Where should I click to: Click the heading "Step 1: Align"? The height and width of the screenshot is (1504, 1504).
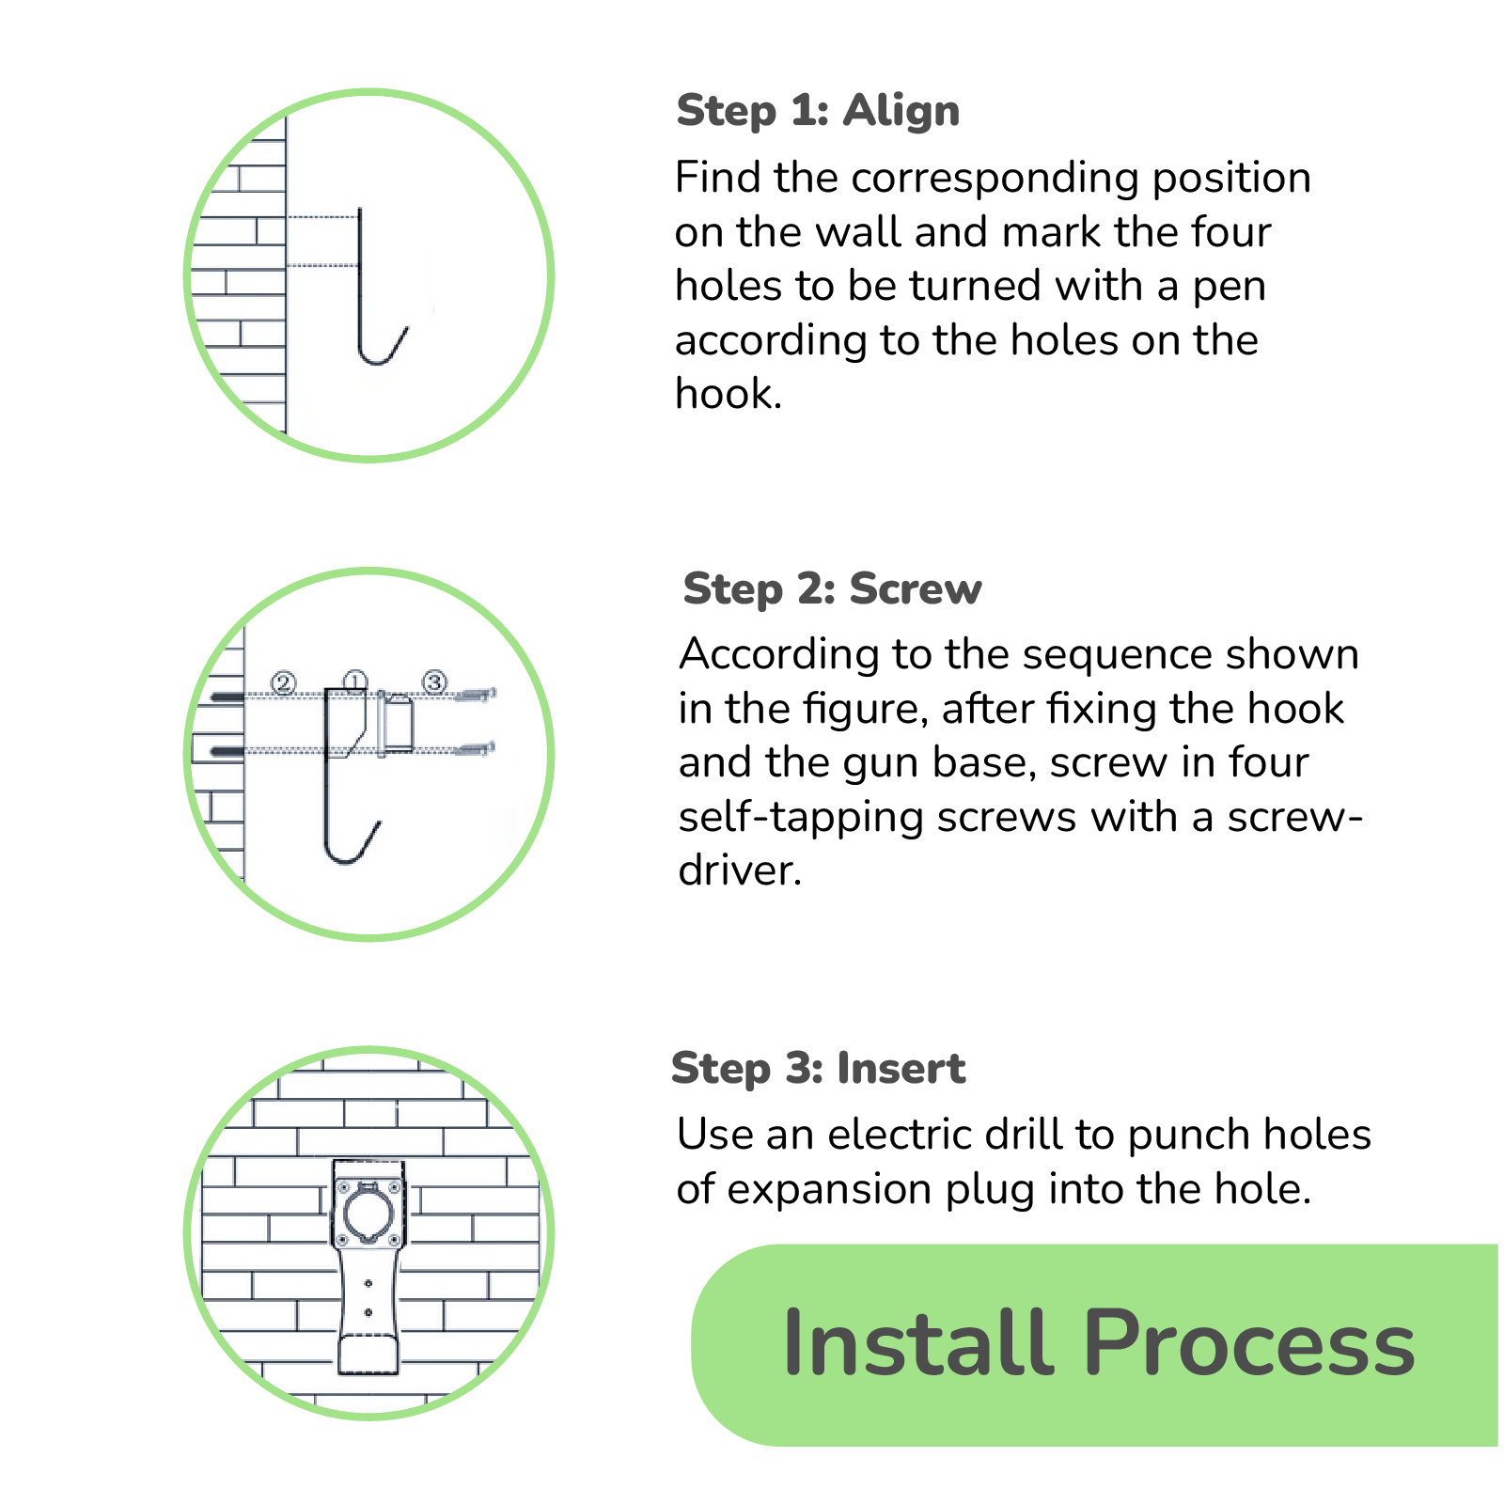pyautogui.click(x=818, y=111)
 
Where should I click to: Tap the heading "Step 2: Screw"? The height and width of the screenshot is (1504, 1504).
pyautogui.click(x=832, y=589)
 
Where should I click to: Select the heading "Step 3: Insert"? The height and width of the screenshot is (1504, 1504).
pyautogui.click(x=818, y=1069)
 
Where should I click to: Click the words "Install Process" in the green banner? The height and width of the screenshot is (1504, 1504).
pyautogui.click(x=1098, y=1343)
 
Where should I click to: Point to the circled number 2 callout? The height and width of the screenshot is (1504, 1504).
pyautogui.click(x=283, y=682)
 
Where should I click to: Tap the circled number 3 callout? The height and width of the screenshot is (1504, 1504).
pyautogui.click(x=434, y=681)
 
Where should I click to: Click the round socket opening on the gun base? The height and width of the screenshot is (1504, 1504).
pyautogui.click(x=368, y=1212)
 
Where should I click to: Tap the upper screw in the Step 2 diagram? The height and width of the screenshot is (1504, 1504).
pyautogui.click(x=475, y=696)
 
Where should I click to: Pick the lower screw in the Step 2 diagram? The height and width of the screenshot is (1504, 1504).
pyautogui.click(x=475, y=749)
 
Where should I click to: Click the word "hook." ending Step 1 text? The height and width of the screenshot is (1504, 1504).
pyautogui.click(x=728, y=394)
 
